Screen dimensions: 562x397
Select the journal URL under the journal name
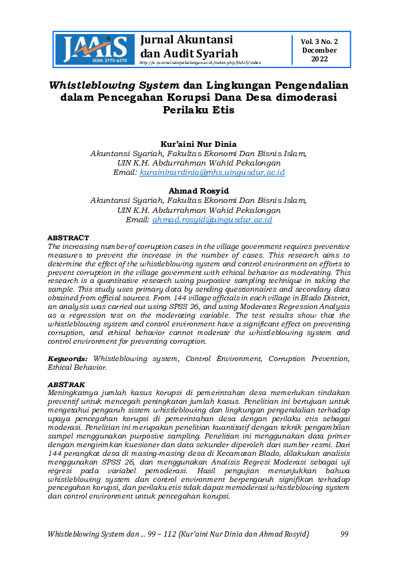coord(200,62)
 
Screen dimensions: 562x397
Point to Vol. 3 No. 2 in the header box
coord(319,41)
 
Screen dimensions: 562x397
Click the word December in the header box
coord(319,50)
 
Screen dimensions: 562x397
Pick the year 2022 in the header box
coord(319,59)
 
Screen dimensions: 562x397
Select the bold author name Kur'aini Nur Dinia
coord(198,144)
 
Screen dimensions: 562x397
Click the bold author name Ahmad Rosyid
coord(198,191)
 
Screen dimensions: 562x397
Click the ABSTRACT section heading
coord(67,238)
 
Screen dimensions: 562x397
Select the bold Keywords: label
coord(69,358)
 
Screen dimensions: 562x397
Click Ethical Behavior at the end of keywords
coord(77,366)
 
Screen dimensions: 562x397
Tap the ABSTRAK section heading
coord(66,385)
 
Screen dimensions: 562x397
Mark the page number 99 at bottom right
coord(344,534)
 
